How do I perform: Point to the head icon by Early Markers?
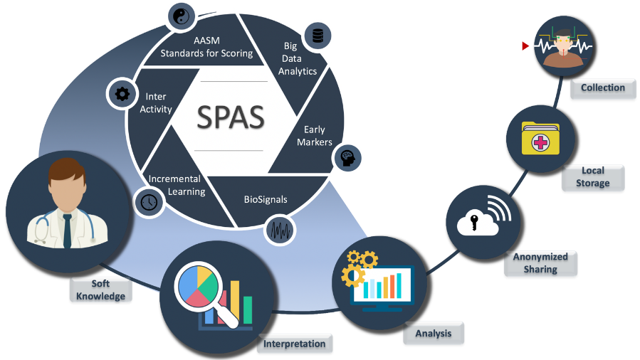[347, 157]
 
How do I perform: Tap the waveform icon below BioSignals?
[278, 231]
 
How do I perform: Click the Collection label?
[602, 88]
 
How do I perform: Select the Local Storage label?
[592, 176]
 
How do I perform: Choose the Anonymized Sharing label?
[540, 263]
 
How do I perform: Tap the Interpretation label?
[294, 344]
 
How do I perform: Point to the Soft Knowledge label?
[100, 290]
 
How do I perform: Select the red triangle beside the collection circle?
[525, 46]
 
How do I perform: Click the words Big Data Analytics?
[298, 58]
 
